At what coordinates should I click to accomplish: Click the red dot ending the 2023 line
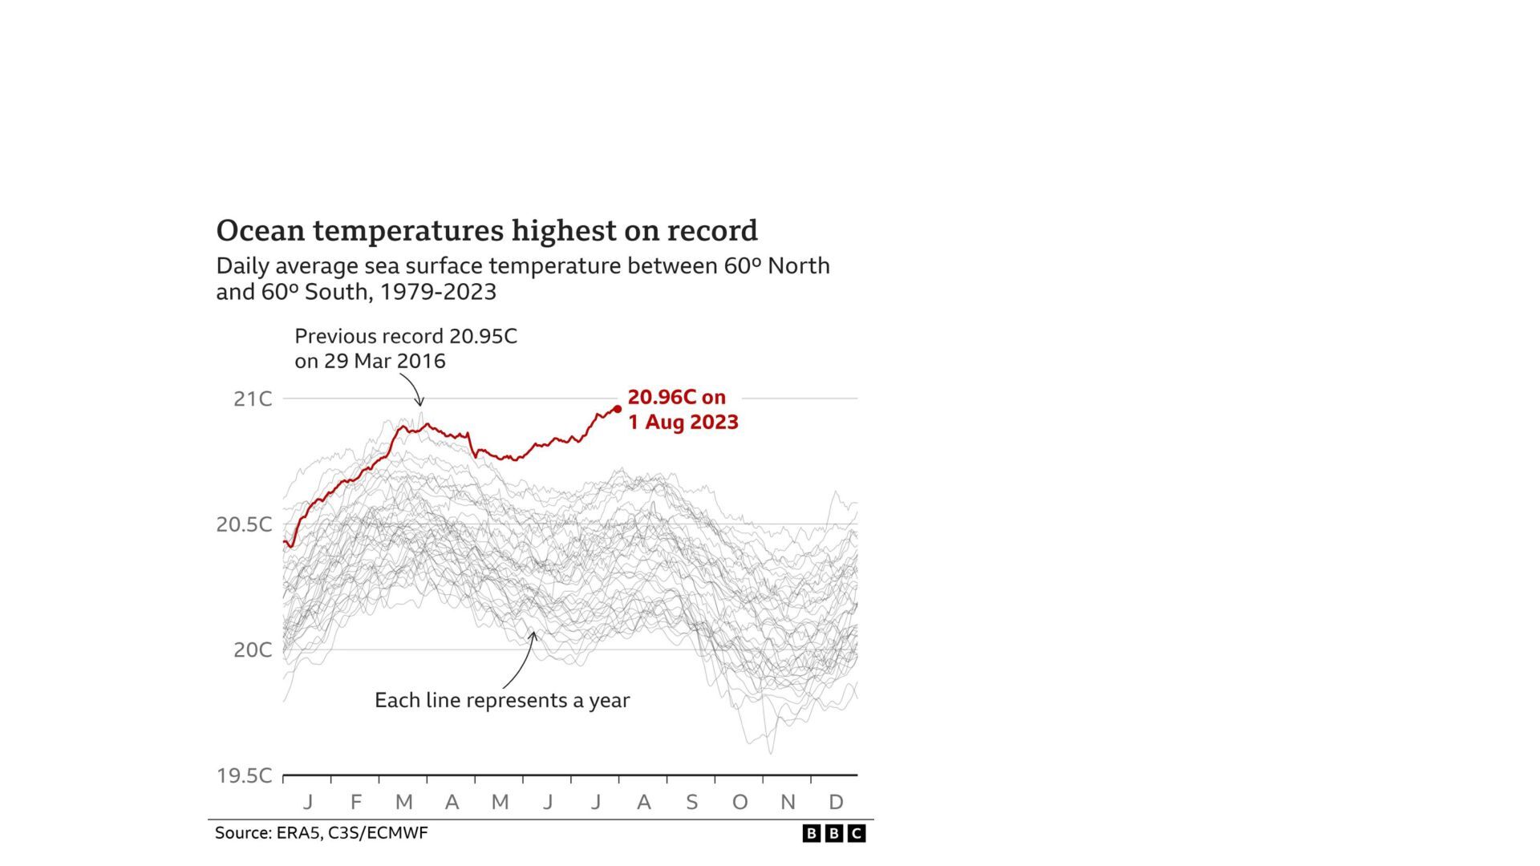point(617,409)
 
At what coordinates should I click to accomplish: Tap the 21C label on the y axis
point(253,399)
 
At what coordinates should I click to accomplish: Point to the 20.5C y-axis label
point(244,524)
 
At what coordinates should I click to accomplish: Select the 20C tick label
point(253,649)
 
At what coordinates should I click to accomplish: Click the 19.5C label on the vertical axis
point(244,775)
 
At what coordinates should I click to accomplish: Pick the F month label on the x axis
point(356,802)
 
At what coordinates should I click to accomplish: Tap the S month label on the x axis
point(691,802)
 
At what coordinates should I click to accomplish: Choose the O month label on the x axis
point(740,802)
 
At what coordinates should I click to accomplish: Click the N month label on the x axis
point(788,802)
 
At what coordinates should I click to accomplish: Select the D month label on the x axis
point(836,802)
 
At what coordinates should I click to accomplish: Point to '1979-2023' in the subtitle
point(438,292)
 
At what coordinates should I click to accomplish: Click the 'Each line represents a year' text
point(502,700)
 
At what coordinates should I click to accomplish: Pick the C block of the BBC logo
point(857,834)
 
